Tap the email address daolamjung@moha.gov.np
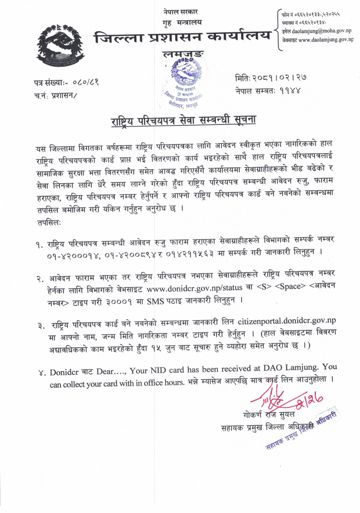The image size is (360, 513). (321, 31)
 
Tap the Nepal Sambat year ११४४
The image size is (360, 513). (290, 91)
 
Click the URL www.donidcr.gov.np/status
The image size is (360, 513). (194, 288)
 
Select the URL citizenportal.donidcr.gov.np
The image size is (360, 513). (286, 321)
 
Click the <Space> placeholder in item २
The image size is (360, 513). (290, 286)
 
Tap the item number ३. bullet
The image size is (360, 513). (41, 326)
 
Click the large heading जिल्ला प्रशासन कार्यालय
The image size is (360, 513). (182, 37)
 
